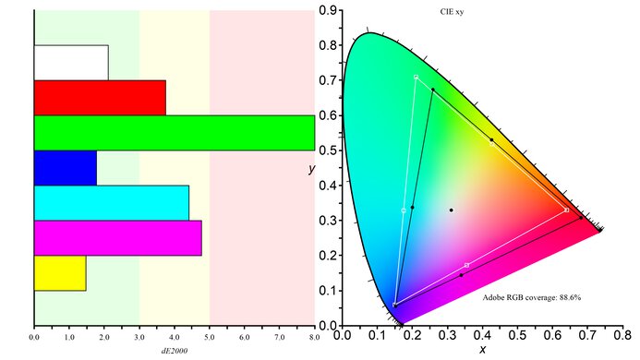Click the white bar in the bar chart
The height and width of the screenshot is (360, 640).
pos(71,62)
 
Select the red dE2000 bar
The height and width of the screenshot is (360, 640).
pos(100,98)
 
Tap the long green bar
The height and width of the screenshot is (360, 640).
pos(174,132)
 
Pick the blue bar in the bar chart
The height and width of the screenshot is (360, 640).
pos(65,167)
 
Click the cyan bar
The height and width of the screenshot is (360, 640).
pos(111,203)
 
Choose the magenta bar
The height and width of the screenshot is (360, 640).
pos(117,237)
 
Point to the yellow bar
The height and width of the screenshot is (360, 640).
pos(60,273)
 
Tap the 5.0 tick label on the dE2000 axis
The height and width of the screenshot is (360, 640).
pos(210,338)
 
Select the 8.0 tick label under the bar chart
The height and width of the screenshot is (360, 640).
pos(315,338)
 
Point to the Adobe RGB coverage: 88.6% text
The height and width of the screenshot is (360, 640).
pos(531,298)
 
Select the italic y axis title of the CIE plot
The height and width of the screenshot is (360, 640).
pos(314,170)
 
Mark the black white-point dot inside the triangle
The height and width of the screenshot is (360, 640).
pos(452,210)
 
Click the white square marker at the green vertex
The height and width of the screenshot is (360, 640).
pos(417,77)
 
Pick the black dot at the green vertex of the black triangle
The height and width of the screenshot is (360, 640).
pos(432,90)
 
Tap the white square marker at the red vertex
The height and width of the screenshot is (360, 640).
pos(566,210)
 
